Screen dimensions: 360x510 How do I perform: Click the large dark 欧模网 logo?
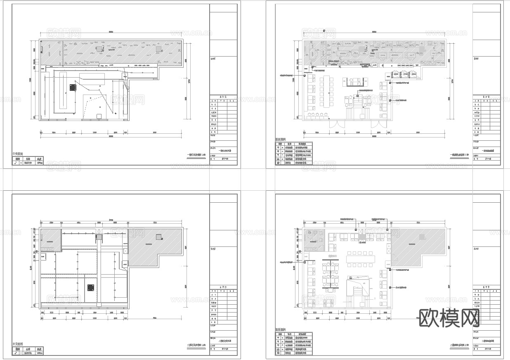[449, 318]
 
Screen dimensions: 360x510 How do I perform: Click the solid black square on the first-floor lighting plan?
[73, 88]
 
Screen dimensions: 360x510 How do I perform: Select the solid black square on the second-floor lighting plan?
[90, 288]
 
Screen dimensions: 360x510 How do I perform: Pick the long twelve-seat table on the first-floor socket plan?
[328, 91]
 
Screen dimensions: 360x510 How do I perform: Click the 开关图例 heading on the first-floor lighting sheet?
[18, 154]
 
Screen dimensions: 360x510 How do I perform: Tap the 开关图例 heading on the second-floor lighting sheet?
[18, 343]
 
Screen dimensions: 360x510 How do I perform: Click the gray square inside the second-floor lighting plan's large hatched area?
[159, 237]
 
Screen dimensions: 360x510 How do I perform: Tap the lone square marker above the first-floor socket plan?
[324, 31]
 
